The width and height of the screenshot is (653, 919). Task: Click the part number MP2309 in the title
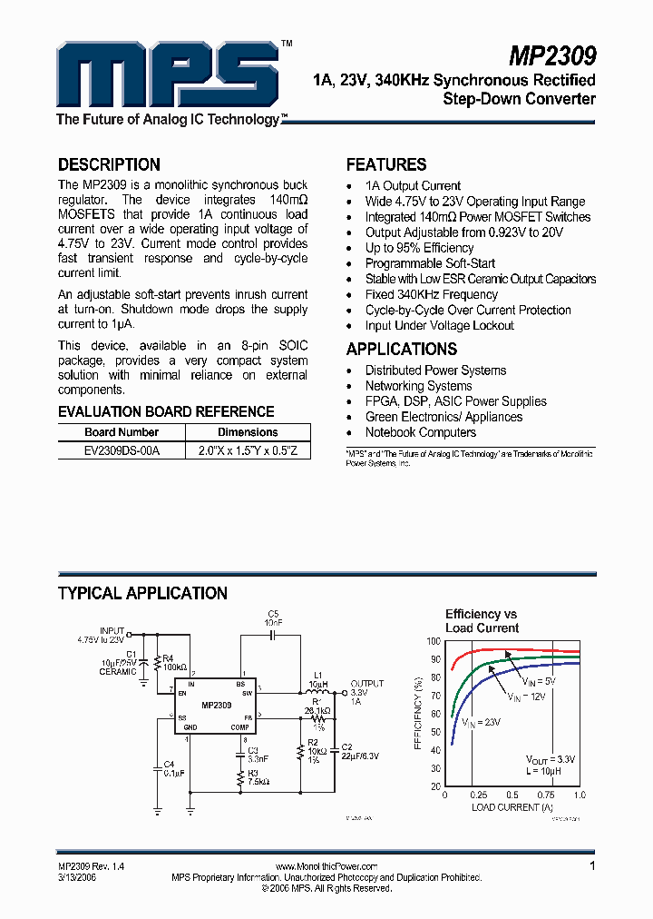tap(551, 56)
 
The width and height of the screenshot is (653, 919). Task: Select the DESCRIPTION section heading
tap(109, 164)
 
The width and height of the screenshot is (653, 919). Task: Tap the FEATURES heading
tap(386, 164)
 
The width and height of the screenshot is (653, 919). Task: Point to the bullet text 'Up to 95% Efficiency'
tap(419, 248)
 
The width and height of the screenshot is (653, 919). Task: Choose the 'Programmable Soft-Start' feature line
tap(430, 263)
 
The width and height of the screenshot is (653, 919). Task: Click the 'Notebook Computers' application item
tap(420, 432)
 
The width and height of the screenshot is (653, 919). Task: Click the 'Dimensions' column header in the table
tap(248, 432)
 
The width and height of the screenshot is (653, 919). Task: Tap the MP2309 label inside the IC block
tap(216, 705)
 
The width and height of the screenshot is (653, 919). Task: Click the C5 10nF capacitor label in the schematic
tap(274, 618)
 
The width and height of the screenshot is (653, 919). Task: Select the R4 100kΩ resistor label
tap(173, 663)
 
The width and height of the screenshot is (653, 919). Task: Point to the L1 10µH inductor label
tap(317, 678)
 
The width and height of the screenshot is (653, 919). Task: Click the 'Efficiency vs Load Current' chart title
tap(482, 621)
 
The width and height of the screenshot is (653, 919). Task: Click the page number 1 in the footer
tap(592, 866)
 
